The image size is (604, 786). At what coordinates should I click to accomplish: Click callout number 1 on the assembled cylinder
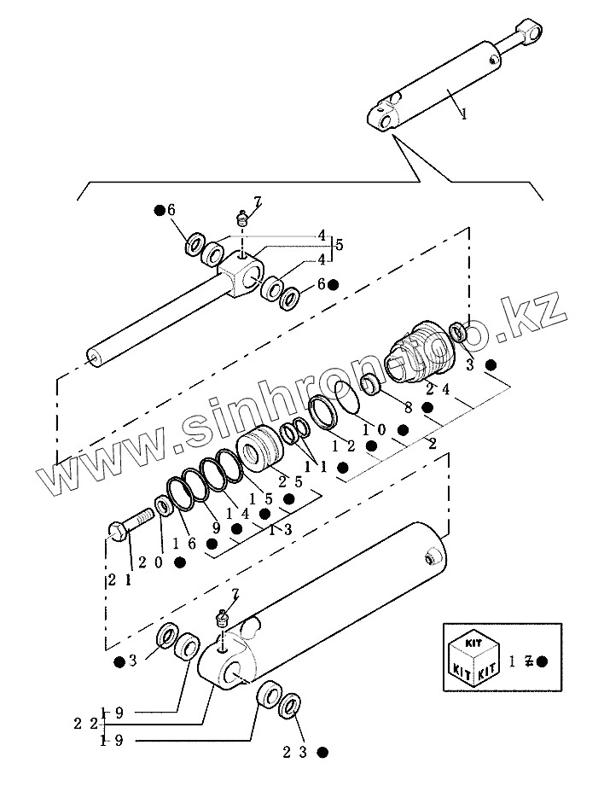pyautogui.click(x=463, y=112)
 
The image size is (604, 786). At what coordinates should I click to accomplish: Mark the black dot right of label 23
pyautogui.click(x=322, y=752)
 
